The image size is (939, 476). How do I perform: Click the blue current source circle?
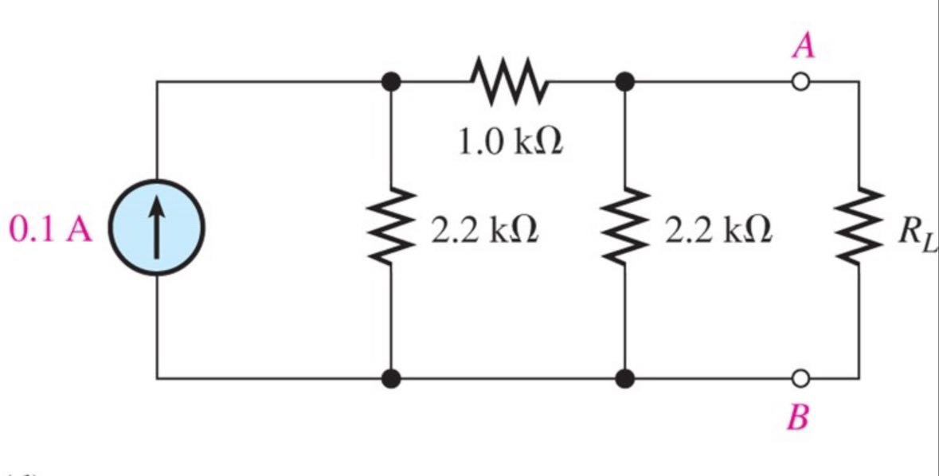157,228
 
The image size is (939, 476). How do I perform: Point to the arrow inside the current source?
157,227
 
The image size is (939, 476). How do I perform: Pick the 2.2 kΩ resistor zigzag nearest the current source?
390,229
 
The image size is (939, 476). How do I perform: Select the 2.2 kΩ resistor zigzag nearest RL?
626,229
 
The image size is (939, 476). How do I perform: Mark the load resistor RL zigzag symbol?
859,229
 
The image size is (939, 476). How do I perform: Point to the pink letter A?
803,46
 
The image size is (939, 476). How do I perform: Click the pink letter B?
797,416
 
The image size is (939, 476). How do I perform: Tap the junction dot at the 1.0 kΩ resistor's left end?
390,81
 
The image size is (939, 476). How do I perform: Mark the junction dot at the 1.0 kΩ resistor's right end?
626,81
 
